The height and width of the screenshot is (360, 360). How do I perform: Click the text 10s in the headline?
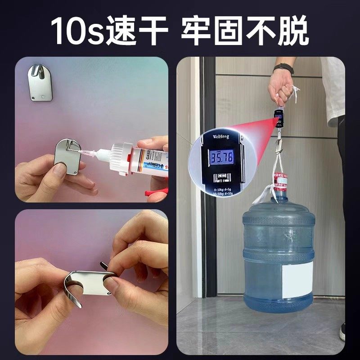click(x=76, y=30)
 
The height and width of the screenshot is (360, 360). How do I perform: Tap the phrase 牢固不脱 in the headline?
click(x=245, y=30)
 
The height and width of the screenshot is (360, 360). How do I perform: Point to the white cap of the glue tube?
click(x=121, y=159)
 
